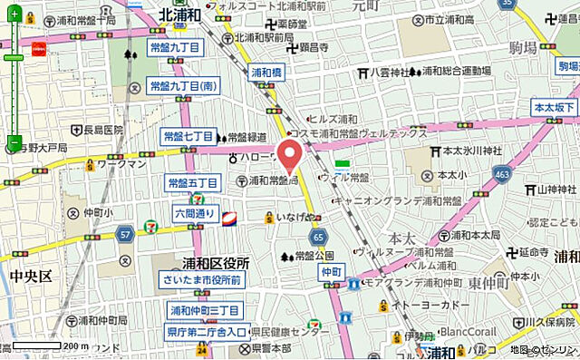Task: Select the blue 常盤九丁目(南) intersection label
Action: pos(183,85)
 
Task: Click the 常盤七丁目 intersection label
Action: pos(188,136)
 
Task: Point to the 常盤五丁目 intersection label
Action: pos(193,183)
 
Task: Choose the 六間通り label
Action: pos(194,214)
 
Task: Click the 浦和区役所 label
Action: pos(200,263)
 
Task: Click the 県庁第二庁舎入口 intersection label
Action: pos(207,332)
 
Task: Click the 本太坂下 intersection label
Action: pos(555,108)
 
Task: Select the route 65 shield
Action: pos(317,237)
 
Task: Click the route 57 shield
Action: pos(124,236)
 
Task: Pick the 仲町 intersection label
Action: pos(330,271)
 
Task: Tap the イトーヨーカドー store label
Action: pos(428,307)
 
